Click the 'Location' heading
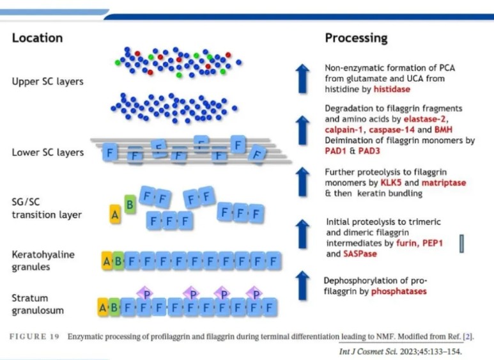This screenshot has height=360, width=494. [37, 38]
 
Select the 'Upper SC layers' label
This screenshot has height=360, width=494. [47, 81]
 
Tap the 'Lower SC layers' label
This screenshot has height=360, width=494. [47, 152]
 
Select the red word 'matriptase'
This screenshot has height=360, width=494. [444, 182]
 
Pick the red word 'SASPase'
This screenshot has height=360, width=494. [360, 253]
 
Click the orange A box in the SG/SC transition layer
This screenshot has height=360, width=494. [115, 215]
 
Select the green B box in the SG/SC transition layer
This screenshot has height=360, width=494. [130, 205]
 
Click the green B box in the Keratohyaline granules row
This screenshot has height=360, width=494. [119, 261]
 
